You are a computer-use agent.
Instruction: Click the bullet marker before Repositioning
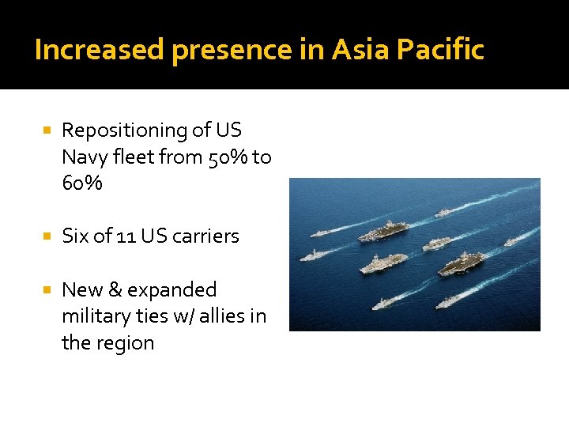point(48,130)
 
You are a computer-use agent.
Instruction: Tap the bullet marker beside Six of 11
point(48,236)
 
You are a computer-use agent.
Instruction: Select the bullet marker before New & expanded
point(48,289)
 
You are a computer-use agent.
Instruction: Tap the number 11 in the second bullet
point(126,236)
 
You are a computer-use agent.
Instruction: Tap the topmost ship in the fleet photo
point(443,212)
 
